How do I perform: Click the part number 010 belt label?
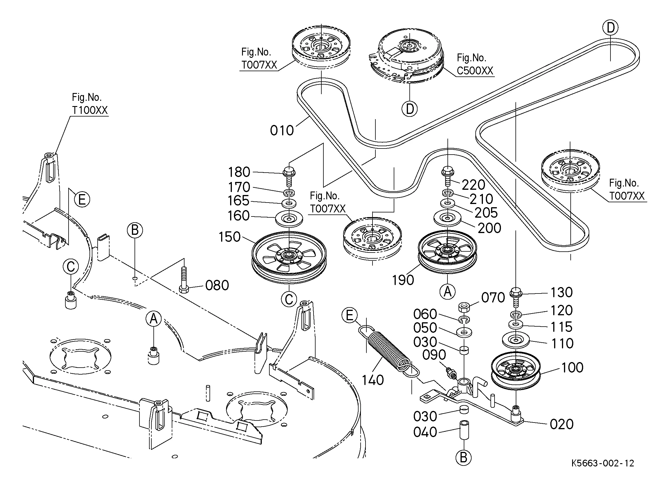point(282,130)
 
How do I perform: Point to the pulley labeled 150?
point(289,257)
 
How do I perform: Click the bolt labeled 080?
point(184,280)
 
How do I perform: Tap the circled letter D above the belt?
point(610,28)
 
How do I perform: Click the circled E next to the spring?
point(349,316)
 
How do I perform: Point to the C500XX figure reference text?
point(475,71)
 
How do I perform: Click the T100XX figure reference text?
point(90,110)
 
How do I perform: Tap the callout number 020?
point(561,424)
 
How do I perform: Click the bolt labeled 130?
point(515,297)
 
